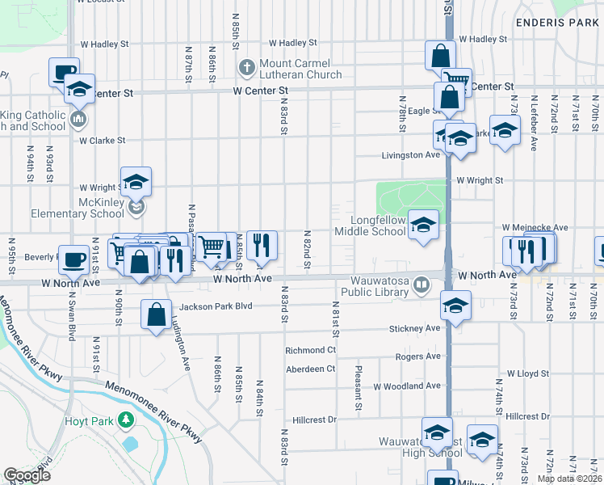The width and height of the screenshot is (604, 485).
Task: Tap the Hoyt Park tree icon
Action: (125, 420)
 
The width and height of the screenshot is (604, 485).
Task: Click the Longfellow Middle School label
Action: (377, 225)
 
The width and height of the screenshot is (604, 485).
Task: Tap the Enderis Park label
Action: (556, 23)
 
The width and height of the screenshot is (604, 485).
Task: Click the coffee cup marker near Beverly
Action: (74, 260)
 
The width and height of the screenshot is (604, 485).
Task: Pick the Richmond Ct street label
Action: (310, 350)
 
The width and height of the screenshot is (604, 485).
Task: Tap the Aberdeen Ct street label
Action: (310, 369)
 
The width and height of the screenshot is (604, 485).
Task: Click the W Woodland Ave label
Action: (407, 386)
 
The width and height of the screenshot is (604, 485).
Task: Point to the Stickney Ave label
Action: (414, 328)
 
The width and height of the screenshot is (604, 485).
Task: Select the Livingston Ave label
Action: (411, 154)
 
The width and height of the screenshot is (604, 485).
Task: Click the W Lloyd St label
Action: (527, 374)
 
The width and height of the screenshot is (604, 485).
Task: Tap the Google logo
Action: (27, 475)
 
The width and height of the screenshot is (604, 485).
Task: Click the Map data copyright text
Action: (570, 479)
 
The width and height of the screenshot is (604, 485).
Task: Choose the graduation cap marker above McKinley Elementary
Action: (136, 182)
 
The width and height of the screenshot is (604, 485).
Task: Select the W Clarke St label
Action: (102, 140)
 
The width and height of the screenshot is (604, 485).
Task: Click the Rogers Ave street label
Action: (417, 356)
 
